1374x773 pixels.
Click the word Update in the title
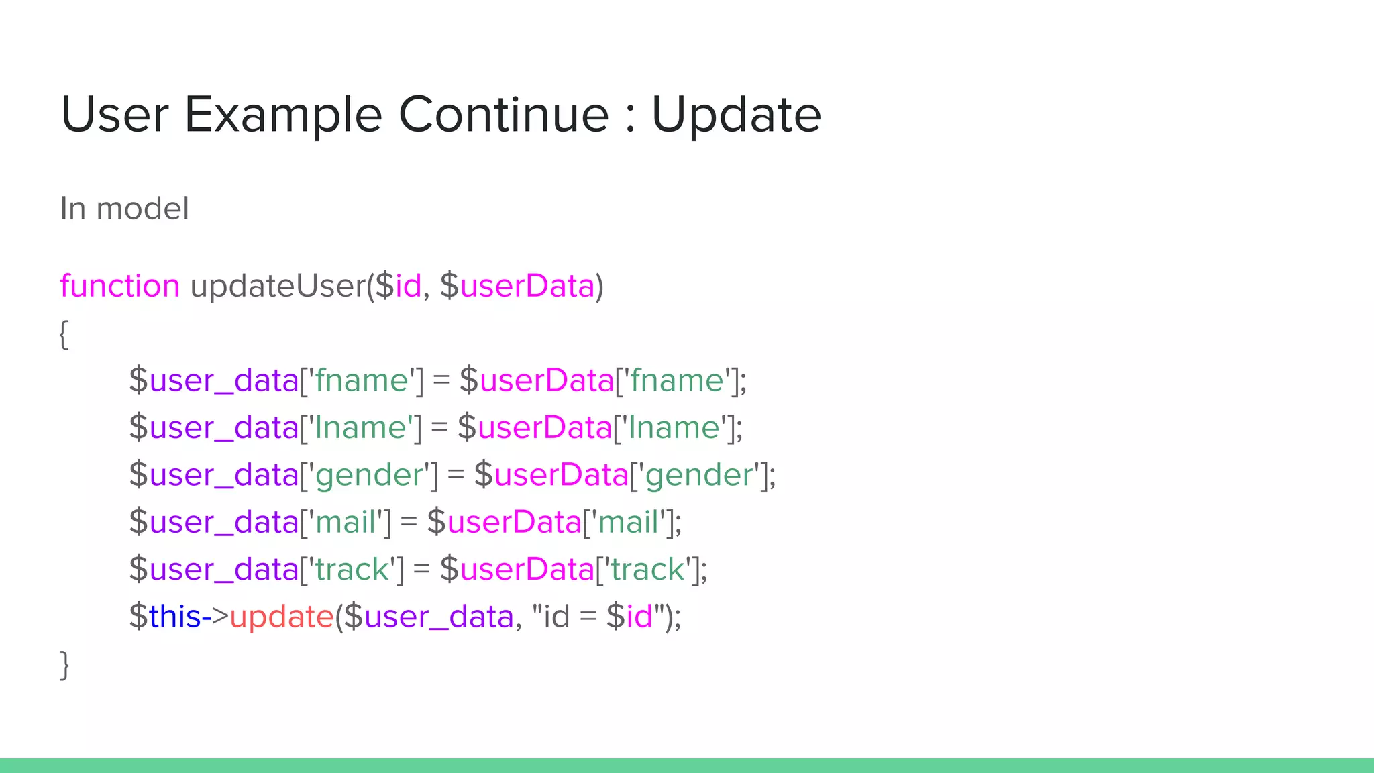point(736,115)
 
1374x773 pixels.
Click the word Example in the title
point(282,115)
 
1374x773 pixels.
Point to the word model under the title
point(142,209)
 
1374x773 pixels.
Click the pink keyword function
point(119,286)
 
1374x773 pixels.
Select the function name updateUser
point(278,286)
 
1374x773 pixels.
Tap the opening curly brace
point(64,334)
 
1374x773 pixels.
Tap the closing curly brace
point(64,665)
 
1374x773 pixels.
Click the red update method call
point(282,617)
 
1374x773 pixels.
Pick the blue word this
point(174,617)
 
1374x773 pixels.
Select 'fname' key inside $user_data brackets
point(362,380)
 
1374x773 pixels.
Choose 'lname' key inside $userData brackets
point(674,428)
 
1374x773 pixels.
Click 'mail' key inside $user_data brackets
point(345,522)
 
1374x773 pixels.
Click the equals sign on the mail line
point(409,523)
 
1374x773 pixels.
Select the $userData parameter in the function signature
point(517,286)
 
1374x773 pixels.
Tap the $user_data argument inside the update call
point(429,617)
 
